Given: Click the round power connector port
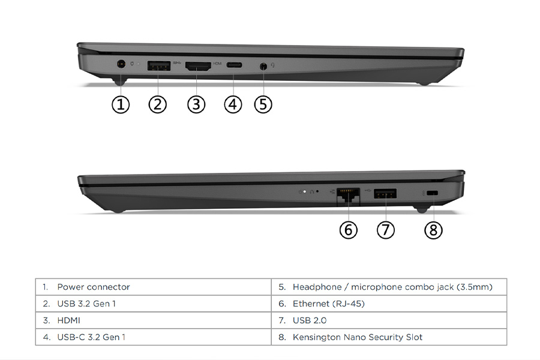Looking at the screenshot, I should [121, 64].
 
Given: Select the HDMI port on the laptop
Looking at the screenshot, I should [198, 66].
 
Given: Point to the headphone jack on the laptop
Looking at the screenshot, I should [263, 65].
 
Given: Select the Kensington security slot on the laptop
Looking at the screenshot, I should [433, 193].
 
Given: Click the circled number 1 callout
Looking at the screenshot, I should [121, 104].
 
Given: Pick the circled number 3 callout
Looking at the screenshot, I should [196, 104].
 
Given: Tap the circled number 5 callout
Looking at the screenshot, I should [263, 104].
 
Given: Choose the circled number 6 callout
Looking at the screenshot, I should [348, 230].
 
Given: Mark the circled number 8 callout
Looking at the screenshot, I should [433, 230].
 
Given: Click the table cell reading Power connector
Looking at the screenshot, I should [93, 287].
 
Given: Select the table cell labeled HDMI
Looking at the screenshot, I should [68, 320].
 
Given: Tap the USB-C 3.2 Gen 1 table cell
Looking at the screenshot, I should [91, 337].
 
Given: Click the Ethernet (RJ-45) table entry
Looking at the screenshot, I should [328, 304].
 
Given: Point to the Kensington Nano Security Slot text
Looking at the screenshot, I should [357, 337].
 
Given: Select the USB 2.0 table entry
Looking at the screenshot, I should [310, 320].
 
